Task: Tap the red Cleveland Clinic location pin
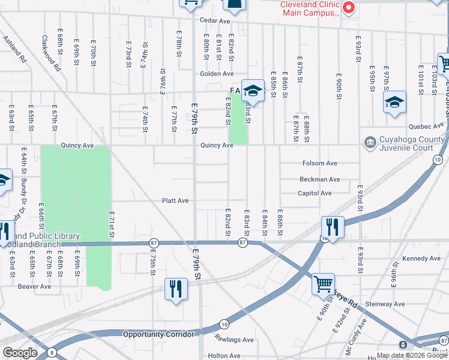[x=348, y=8]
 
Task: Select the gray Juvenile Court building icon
[x=369, y=142]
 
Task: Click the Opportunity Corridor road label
[x=158, y=334]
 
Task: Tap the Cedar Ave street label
[x=215, y=21]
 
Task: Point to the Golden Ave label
[x=217, y=74]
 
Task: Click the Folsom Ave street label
[x=320, y=163]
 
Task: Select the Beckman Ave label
[x=320, y=179]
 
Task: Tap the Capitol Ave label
[x=315, y=193]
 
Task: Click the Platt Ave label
[x=175, y=201]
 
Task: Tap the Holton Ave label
[x=224, y=356]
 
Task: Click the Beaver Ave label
[x=34, y=287]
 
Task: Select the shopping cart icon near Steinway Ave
[x=324, y=283]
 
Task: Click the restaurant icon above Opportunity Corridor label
[x=176, y=289]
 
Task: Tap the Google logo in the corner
[x=20, y=353]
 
